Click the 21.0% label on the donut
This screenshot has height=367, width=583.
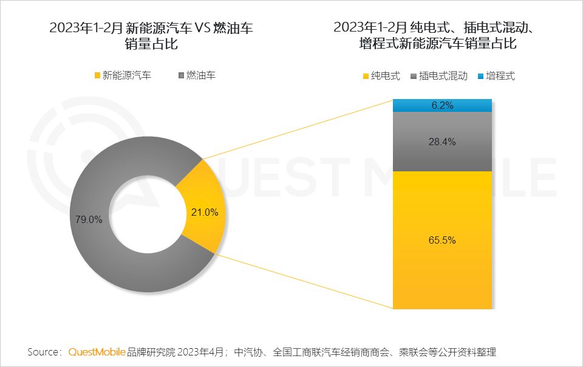205,212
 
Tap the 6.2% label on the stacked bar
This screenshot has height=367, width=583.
442,105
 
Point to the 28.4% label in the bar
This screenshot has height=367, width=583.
443,142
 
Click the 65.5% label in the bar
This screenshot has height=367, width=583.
442,240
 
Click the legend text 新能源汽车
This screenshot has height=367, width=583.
127,76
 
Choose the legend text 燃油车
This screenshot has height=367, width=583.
200,76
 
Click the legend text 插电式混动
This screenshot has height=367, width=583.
443,76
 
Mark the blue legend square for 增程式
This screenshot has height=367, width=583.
481,76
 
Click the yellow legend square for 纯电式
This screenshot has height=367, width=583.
366,76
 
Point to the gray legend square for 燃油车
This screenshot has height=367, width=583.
180,76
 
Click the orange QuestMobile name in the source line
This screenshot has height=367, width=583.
97,352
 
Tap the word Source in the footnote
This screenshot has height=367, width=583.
43,352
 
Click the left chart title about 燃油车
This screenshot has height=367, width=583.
151,35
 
